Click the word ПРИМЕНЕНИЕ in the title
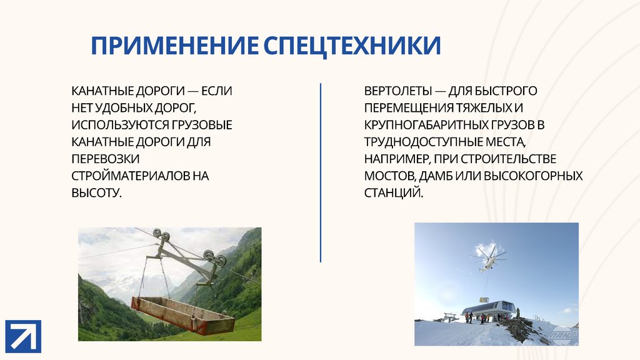pos(175,45)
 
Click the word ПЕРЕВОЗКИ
pos(105,159)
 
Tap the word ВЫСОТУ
pos(96,192)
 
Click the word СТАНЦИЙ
pos(394,192)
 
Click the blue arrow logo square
pos(23,336)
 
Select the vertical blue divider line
pos(321,172)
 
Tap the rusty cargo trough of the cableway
pos(183,315)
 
